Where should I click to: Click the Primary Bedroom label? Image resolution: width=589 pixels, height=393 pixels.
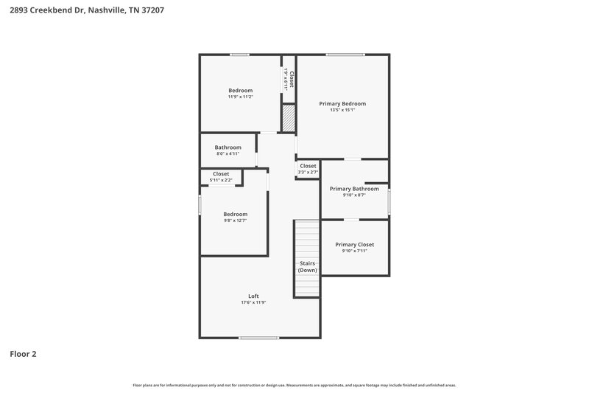[x=342, y=104]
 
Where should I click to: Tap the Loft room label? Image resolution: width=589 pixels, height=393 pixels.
[x=253, y=296]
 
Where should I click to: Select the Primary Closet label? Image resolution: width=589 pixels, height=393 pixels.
[x=355, y=244]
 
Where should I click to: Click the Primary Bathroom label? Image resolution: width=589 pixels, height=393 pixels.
[x=354, y=189]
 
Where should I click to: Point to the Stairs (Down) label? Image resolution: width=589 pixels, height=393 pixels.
[x=308, y=267]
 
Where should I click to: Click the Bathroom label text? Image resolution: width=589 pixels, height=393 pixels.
[x=228, y=147]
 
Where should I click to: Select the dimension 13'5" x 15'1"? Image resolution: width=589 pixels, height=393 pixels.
[x=342, y=111]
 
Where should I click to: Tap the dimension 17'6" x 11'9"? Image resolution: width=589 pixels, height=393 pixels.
[x=253, y=303]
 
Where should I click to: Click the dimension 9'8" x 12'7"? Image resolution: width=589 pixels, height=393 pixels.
[x=236, y=220]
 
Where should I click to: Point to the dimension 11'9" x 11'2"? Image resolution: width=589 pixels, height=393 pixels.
[x=240, y=97]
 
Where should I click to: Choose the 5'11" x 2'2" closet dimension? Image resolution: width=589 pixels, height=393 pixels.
[x=221, y=180]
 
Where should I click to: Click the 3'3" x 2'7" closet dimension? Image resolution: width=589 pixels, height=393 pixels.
[x=308, y=173]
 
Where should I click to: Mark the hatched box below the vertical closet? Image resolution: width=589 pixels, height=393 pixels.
[x=289, y=116]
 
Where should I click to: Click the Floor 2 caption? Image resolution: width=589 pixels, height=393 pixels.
[x=23, y=354]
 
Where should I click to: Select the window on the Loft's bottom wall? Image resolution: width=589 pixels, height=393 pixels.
[x=259, y=338]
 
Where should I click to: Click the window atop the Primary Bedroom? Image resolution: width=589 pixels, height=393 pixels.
[x=345, y=55]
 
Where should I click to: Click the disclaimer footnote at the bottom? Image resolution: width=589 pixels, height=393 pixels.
[x=294, y=385]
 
